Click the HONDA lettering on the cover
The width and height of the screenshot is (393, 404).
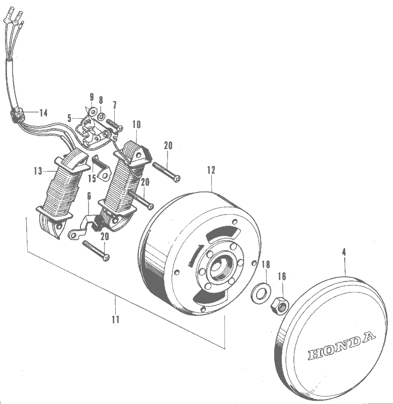tap(341, 346)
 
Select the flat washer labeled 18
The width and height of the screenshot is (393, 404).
tap(260, 292)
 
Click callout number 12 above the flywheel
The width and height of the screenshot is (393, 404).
tap(211, 170)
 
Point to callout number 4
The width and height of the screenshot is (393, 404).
tap(344, 253)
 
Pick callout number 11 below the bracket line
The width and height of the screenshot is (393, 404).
tap(116, 320)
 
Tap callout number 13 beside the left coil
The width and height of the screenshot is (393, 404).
tap(38, 171)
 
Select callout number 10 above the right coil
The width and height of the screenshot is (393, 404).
tap(136, 124)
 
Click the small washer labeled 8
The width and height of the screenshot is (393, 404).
tap(102, 116)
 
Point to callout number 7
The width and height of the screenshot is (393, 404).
tap(115, 105)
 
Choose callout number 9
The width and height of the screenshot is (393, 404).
tap(92, 97)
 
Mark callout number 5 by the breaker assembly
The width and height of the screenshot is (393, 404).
tap(69, 118)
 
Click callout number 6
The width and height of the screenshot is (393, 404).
tap(89, 196)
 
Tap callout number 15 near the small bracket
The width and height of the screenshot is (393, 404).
tap(92, 178)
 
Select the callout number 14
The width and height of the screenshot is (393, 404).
tap(43, 113)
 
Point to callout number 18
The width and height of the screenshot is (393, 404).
tap(266, 264)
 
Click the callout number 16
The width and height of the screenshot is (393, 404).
tap(282, 276)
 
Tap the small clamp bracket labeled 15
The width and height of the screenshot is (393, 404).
tap(102, 169)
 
